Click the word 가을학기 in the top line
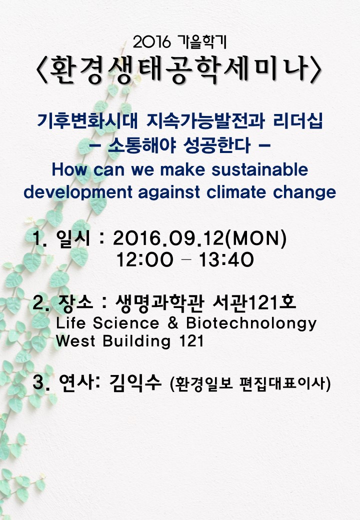(x=202, y=42)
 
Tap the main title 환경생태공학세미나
(x=179, y=69)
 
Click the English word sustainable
(x=260, y=169)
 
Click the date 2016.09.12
(x=168, y=238)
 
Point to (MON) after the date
(x=255, y=238)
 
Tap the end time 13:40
(x=226, y=259)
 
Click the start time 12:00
(x=144, y=259)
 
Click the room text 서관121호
(x=254, y=303)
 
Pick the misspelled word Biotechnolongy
(x=251, y=323)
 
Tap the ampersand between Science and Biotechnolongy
(x=173, y=323)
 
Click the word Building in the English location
(x=136, y=341)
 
